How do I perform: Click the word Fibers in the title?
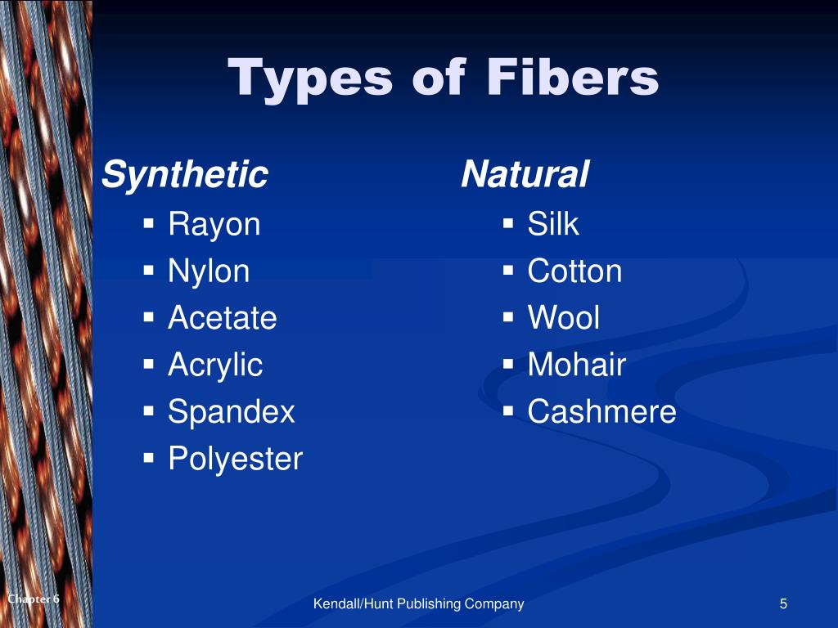pos(573,78)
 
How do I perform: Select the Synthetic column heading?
pos(185,175)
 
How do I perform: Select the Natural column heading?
pos(525,175)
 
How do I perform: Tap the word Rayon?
pos(214,224)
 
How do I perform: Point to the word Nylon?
pos(209,271)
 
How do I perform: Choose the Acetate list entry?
pos(222,317)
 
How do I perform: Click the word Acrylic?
pos(215,365)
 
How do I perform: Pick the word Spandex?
pos(231,411)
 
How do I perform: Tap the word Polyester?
pos(235,459)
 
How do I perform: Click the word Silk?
pos(553,224)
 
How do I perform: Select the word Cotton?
pos(574,271)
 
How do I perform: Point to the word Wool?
pos(563,317)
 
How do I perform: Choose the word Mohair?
pos(576,365)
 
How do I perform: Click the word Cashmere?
pos(601,411)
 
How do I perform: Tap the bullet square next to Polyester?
pos(149,457)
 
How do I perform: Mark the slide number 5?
pos(783,604)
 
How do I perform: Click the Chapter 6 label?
pos(34,599)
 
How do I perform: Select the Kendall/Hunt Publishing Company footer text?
pos(419,604)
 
